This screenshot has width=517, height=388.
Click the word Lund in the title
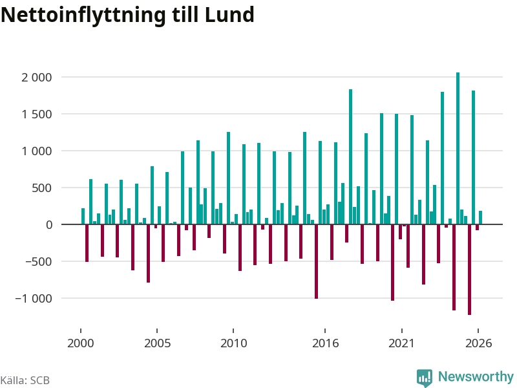229,15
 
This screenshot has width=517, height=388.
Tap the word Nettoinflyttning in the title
83,16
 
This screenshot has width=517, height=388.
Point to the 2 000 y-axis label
37,78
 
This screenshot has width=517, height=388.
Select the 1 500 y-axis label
37,114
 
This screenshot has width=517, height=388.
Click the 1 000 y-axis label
37,151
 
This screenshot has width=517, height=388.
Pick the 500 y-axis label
42,188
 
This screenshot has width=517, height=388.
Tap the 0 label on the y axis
49,225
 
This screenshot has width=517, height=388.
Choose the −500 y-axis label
39,262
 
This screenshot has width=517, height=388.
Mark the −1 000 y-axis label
34,299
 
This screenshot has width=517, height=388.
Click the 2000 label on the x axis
81,343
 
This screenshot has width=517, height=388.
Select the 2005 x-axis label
157,343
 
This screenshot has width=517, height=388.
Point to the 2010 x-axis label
233,343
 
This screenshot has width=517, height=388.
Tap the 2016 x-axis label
325,343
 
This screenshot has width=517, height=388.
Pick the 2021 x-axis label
401,343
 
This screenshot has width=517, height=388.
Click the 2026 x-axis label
478,343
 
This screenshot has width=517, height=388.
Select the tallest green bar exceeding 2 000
458,149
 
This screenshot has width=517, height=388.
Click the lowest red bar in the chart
470,270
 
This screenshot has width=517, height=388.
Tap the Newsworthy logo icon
425,378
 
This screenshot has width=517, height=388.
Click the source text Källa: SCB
25,380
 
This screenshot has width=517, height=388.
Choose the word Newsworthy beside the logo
476,376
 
